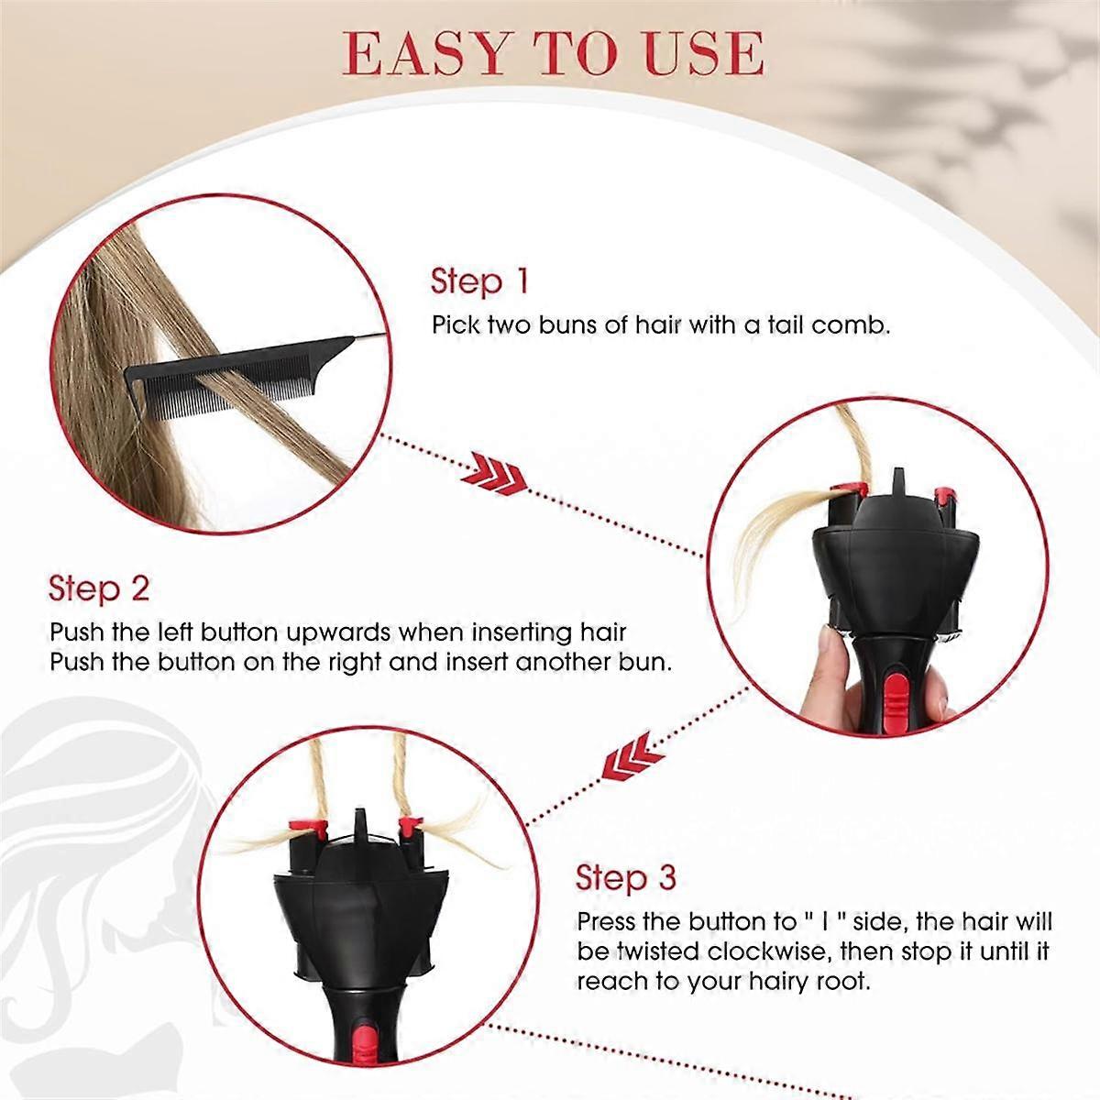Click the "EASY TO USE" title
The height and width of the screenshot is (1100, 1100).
553,53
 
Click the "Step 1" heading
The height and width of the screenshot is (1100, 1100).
479,281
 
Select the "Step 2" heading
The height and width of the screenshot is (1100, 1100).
98,588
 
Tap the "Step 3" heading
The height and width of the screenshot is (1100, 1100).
625,877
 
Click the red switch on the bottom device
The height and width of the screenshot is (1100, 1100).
364,1040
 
